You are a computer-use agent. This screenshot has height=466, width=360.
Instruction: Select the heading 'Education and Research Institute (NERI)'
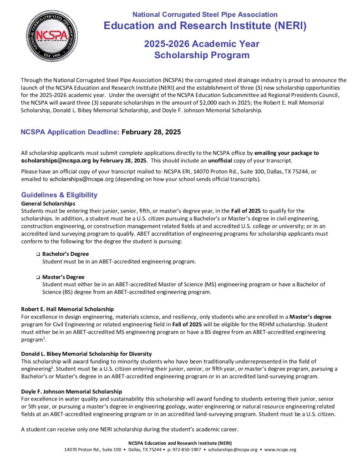tap(205, 25)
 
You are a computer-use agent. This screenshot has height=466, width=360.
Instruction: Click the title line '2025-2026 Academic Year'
tap(202, 44)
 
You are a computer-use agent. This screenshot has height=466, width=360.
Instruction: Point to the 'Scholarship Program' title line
tap(202, 56)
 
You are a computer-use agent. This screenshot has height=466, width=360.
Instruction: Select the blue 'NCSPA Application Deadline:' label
tap(69, 132)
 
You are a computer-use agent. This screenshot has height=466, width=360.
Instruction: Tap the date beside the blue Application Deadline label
tap(151, 132)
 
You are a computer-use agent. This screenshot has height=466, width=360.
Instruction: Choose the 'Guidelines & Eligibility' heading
tap(59, 195)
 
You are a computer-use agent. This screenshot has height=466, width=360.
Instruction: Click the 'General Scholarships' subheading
tap(48, 203)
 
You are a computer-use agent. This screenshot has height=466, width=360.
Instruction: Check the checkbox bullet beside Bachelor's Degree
tap(38, 254)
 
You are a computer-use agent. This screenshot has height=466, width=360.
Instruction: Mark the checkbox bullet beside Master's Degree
tap(38, 277)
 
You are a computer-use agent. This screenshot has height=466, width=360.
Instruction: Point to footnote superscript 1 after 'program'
tap(43, 338)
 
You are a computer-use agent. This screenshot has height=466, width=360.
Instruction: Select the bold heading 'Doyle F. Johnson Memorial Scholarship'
tap(71, 391)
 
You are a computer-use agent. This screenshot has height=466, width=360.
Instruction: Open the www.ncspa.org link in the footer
tap(280, 450)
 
